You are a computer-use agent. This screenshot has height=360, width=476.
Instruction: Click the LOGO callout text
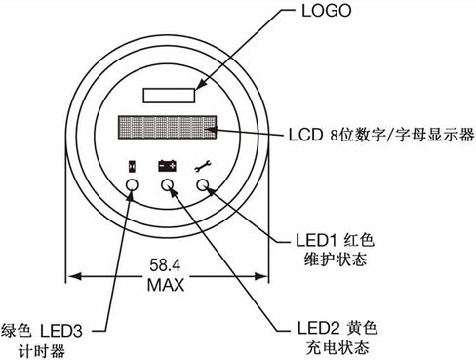tap(327, 11)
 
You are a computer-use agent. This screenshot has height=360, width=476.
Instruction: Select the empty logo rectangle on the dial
tap(169, 96)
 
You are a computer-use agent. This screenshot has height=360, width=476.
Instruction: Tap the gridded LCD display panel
tap(167, 127)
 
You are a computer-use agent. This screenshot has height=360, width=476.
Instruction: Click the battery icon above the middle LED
tap(168, 166)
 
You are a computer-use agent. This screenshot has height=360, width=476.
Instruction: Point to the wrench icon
tap(203, 166)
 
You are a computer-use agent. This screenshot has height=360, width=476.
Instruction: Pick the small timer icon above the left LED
tap(132, 166)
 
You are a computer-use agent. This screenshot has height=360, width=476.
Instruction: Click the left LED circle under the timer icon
tap(132, 185)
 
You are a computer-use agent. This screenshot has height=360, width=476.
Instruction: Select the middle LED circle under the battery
tap(168, 185)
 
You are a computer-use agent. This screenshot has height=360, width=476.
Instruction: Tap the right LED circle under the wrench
tap(203, 185)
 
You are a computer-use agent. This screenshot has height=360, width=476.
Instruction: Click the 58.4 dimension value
tap(165, 265)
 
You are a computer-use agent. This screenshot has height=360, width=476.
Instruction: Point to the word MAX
tap(166, 285)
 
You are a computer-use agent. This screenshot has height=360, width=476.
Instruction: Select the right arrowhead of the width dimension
tap(261, 277)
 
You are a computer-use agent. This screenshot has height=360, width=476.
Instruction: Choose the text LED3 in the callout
tap(61, 332)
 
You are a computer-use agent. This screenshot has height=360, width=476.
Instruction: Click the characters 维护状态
tap(336, 260)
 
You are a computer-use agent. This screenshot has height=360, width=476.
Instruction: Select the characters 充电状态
tap(337, 347)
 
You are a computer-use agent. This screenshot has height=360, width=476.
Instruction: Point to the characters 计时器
tap(42, 351)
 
